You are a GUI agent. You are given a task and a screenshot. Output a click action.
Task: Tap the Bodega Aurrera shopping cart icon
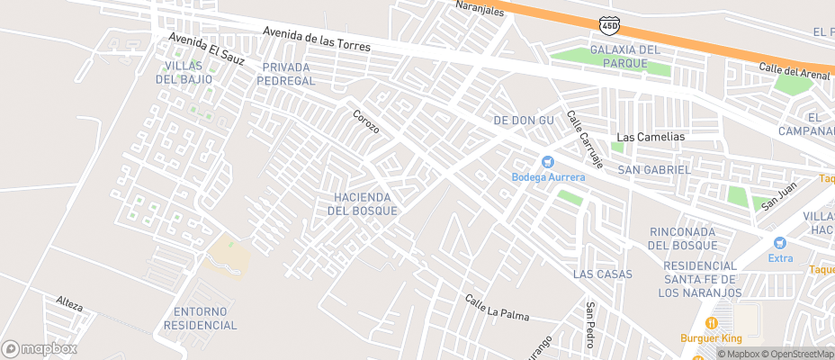[x=547, y=161]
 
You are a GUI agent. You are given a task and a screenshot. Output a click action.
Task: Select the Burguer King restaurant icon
[x=712, y=323]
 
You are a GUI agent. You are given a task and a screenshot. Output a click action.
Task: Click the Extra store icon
[x=779, y=243]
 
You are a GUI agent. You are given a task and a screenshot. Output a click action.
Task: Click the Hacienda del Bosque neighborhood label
[x=360, y=203]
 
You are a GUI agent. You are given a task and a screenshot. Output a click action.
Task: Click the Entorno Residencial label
[x=200, y=319]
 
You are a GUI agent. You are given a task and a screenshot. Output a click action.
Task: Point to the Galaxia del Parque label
[x=625, y=55]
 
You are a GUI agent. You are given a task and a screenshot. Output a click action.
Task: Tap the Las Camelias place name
[x=650, y=137]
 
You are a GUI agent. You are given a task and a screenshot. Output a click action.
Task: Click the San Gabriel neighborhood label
[x=654, y=169]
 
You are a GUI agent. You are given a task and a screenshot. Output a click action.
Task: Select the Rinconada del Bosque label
[x=683, y=238]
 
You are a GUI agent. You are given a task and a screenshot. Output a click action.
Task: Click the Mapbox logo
[x=38, y=348]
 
